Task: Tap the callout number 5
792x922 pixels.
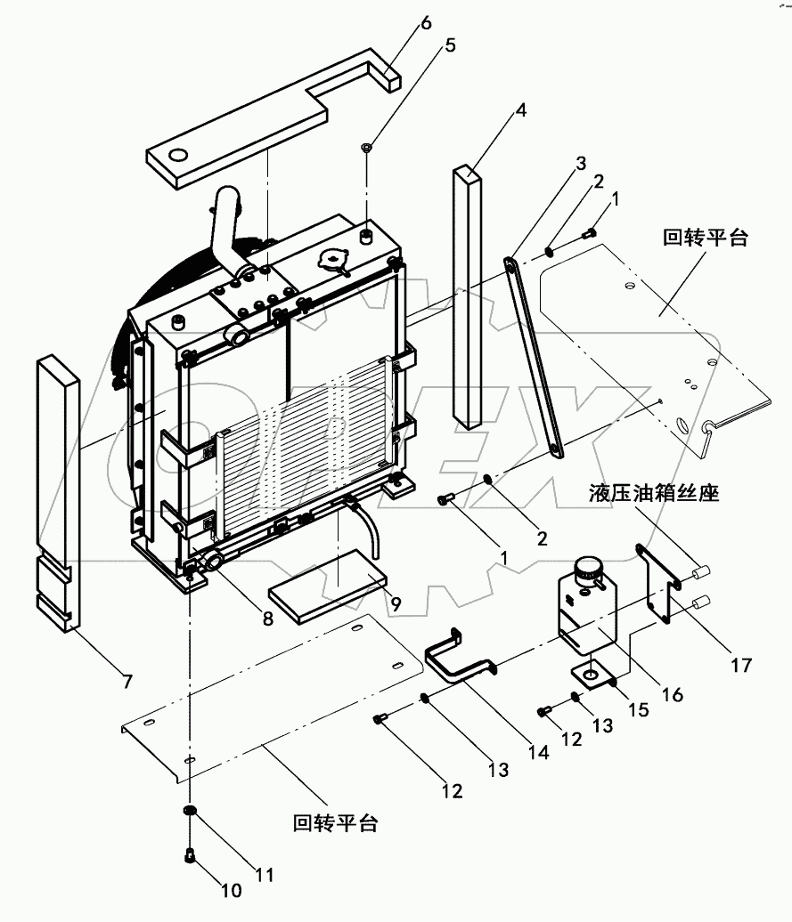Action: [450, 44]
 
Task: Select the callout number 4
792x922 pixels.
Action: [520, 111]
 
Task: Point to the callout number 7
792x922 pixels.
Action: [127, 682]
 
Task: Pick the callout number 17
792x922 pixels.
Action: [740, 664]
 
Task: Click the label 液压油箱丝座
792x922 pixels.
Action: [654, 493]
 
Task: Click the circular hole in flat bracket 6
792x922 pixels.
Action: [178, 158]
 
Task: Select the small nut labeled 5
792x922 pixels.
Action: [367, 146]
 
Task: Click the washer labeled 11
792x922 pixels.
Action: [189, 812]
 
